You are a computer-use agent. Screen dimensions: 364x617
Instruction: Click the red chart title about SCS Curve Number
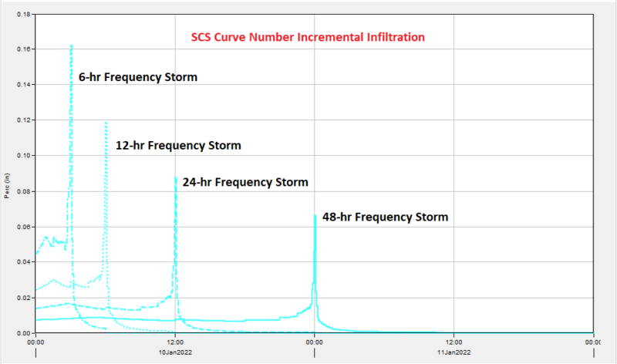click(x=308, y=37)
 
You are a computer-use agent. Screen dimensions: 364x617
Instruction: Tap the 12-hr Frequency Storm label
click(x=178, y=145)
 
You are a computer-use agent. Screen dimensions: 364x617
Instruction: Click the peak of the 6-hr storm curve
click(x=71, y=45)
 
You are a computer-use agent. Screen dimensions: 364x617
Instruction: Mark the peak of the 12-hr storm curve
click(x=106, y=122)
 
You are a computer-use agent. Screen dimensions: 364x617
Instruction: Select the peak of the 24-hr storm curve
click(x=175, y=178)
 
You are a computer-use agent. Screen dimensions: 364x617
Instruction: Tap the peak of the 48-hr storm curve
click(x=315, y=216)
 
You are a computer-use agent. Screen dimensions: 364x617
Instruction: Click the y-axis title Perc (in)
click(x=7, y=187)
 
